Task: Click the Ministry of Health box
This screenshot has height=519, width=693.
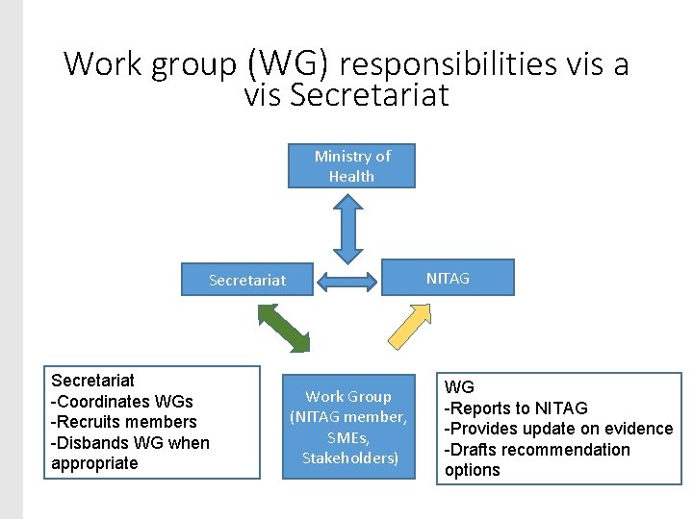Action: click(x=351, y=166)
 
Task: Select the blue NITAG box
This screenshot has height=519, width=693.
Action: click(x=448, y=278)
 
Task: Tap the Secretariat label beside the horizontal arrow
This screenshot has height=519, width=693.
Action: click(x=247, y=280)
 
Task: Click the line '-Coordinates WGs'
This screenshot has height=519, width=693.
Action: click(x=121, y=401)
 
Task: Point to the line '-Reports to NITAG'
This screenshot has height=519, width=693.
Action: click(x=515, y=408)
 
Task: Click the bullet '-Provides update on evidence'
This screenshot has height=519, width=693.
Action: click(x=558, y=429)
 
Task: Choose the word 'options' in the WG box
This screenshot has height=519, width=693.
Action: click(x=472, y=470)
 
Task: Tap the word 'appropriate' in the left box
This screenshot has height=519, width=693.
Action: click(x=94, y=463)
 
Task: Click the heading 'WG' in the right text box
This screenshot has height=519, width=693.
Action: click(x=459, y=387)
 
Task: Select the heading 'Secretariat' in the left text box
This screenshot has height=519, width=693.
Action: click(x=92, y=381)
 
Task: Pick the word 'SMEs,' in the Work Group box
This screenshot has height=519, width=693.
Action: click(x=348, y=437)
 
